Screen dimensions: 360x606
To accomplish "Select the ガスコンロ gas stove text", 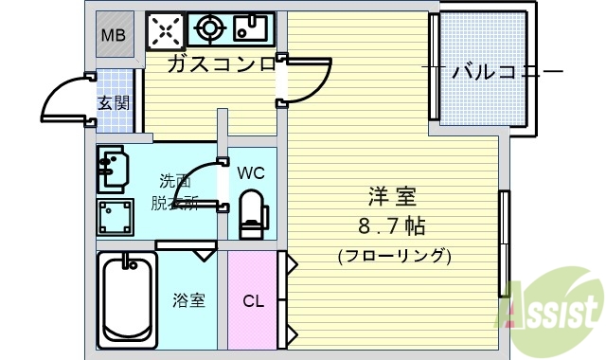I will pyautogui.click(x=222, y=65).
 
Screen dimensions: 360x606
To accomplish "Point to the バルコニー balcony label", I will pyautogui.click(x=501, y=71).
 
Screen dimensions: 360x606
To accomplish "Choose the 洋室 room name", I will pyautogui.click(x=394, y=199).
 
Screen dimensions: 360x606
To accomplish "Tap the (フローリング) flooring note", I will pyautogui.click(x=394, y=256).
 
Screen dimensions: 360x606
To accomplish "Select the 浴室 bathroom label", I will pyautogui.click(x=187, y=301).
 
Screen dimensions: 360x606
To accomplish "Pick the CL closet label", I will pyautogui.click(x=252, y=301).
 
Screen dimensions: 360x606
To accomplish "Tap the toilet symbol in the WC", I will pyautogui.click(x=253, y=213).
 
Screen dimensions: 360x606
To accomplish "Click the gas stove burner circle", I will pyautogui.click(x=208, y=29).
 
